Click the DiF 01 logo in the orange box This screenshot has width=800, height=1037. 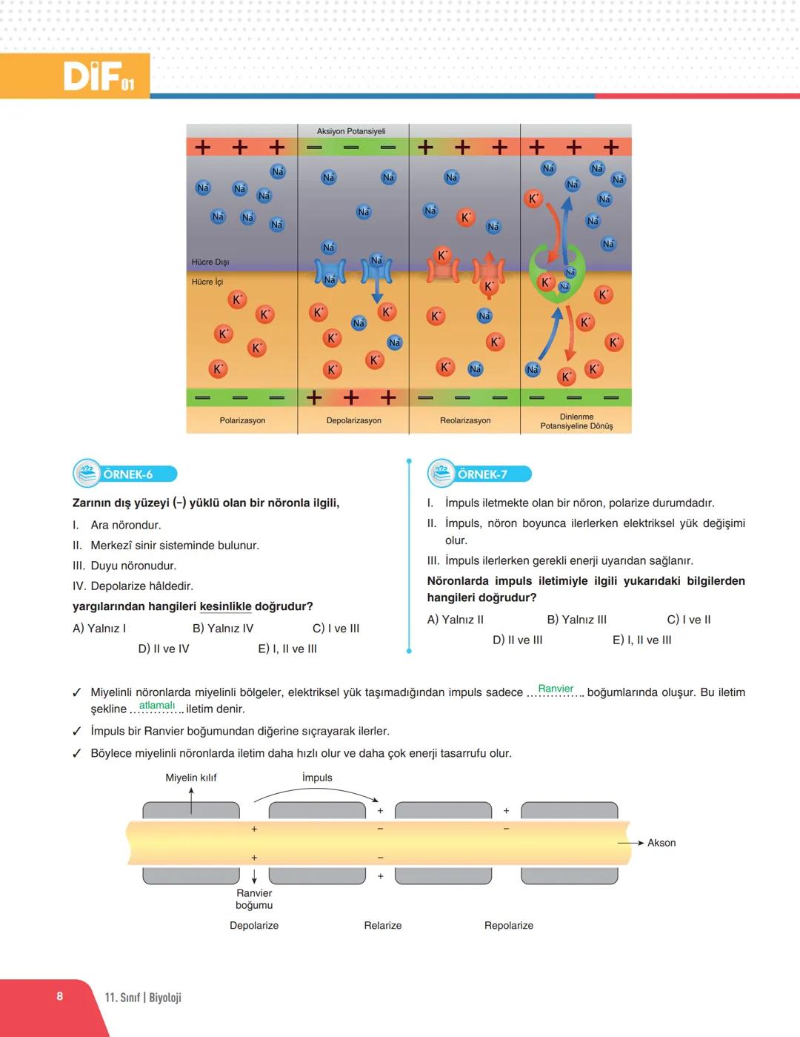click(x=99, y=76)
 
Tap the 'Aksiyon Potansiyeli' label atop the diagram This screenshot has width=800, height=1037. click(x=351, y=131)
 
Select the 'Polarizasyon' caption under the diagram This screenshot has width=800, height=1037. click(x=242, y=420)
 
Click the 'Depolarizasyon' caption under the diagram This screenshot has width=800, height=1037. click(x=354, y=420)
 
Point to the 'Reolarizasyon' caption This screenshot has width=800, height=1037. click(x=465, y=420)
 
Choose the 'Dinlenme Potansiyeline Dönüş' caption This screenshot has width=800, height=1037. click(x=576, y=422)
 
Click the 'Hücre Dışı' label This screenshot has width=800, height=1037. click(x=210, y=262)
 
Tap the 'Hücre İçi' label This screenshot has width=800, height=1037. click(x=207, y=282)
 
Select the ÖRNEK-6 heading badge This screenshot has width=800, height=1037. click(x=126, y=474)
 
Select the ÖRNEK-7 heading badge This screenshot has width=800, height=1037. click(x=481, y=474)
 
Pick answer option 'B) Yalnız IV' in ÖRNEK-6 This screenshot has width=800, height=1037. click(x=223, y=629)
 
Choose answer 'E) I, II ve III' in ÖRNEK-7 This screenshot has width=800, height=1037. click(x=642, y=640)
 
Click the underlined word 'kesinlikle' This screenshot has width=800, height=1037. click(x=226, y=606)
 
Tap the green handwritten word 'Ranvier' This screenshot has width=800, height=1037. click(x=556, y=689)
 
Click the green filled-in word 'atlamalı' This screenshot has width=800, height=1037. click(x=157, y=705)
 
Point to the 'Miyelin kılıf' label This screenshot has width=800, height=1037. click(x=191, y=778)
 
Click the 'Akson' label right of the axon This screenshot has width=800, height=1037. click(x=661, y=843)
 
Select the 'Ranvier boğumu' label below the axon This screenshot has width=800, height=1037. click(x=254, y=899)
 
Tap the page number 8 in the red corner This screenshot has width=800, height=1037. click(x=60, y=996)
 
